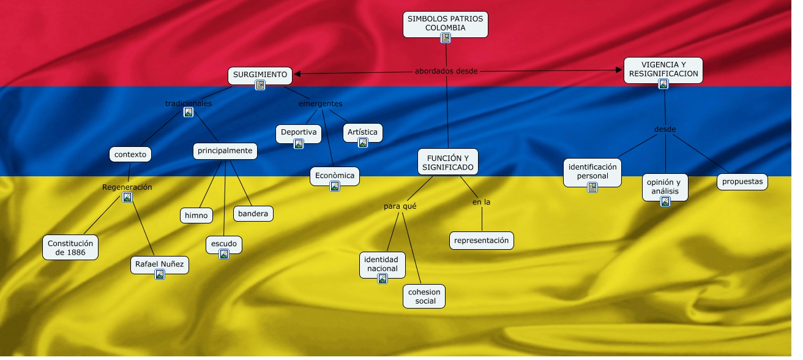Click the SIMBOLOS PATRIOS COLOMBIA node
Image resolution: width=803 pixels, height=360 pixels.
(445, 23)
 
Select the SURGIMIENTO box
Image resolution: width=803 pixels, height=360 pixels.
(260, 75)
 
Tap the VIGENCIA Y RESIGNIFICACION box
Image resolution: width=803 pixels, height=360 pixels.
(663, 69)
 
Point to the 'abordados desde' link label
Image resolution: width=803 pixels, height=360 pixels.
(446, 71)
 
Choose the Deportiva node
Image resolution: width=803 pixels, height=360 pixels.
(299, 132)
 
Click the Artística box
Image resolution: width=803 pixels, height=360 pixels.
(363, 132)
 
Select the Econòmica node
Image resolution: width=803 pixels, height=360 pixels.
(335, 176)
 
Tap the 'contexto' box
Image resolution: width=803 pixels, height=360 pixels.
(130, 154)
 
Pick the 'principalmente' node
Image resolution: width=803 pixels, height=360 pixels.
(225, 151)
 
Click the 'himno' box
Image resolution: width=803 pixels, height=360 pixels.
(196, 216)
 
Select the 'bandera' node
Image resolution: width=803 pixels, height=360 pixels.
(253, 214)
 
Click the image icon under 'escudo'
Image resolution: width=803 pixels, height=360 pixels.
(224, 254)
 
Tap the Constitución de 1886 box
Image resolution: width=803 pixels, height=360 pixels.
(70, 247)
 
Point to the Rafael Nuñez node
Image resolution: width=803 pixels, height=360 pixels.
(160, 264)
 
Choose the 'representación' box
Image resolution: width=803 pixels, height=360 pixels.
(482, 241)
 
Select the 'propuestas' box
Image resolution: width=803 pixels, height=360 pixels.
(742, 182)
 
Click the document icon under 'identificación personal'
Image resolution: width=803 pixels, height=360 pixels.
(592, 187)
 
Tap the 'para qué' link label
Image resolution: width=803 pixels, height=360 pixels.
(400, 206)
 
